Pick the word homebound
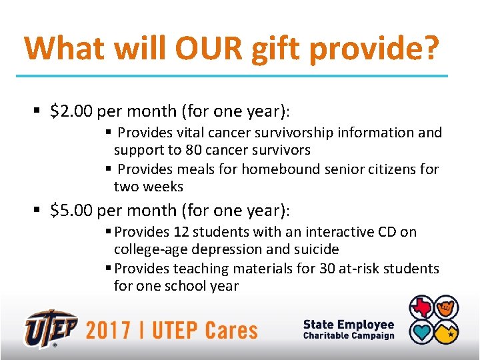tap(275, 169)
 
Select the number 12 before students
tap(181, 232)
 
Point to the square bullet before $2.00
tap(39, 111)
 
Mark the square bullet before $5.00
tap(39, 211)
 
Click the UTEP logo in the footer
tap(51, 328)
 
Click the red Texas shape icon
tap(422, 308)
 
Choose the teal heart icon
tap(422, 331)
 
